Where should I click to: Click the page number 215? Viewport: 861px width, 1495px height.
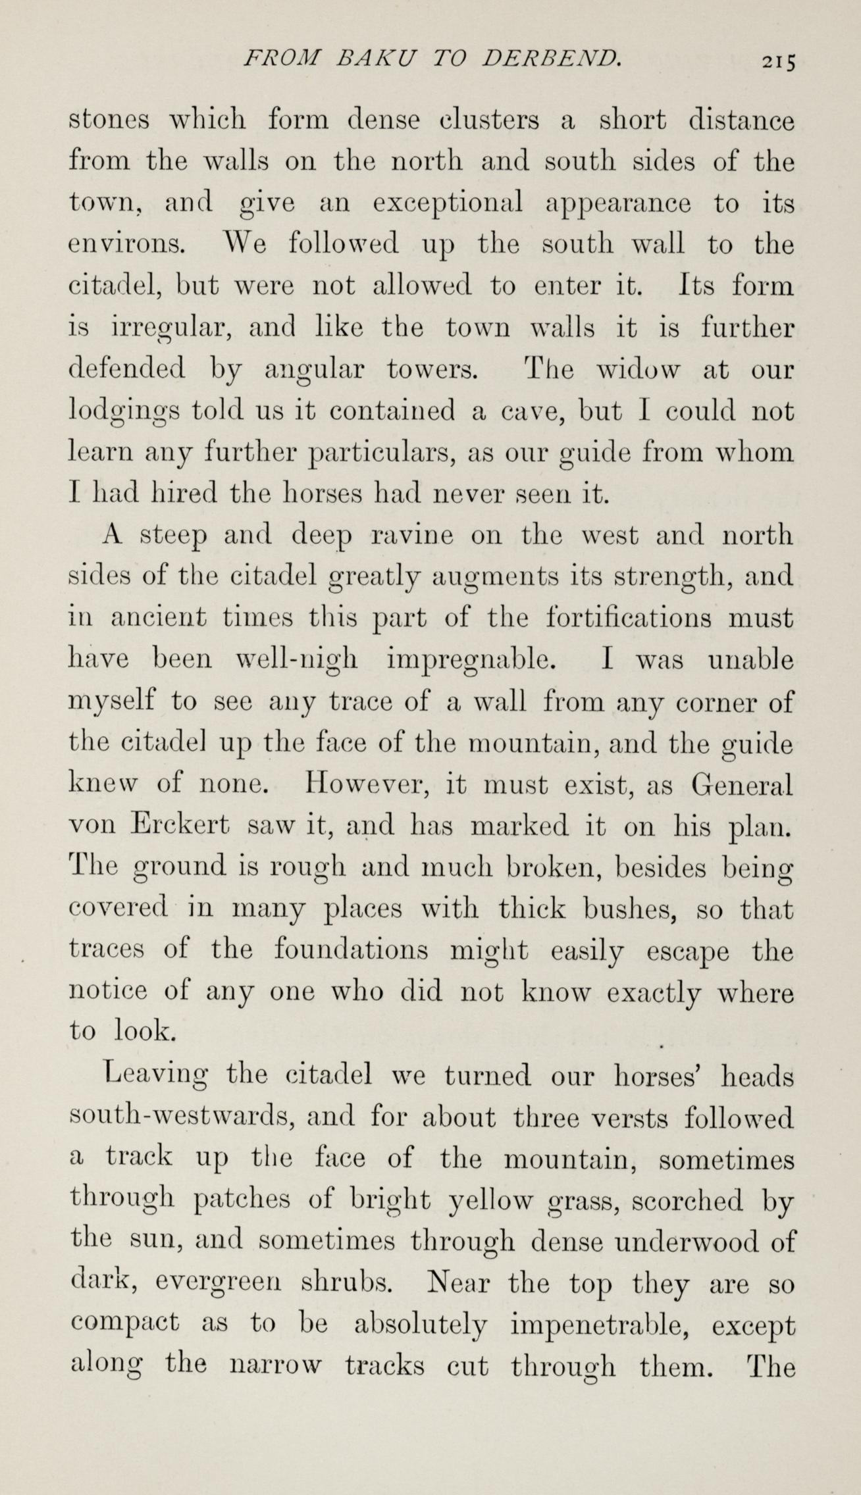(778, 61)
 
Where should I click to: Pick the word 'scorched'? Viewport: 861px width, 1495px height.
(687, 1201)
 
